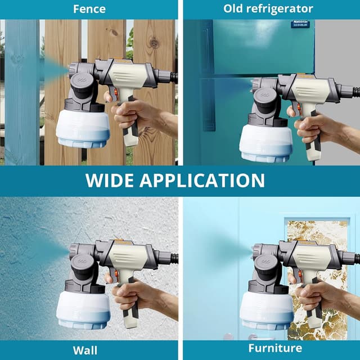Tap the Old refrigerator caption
click(268, 9)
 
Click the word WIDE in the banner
click(110, 180)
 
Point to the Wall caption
click(88, 350)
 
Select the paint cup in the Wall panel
click(83, 309)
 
